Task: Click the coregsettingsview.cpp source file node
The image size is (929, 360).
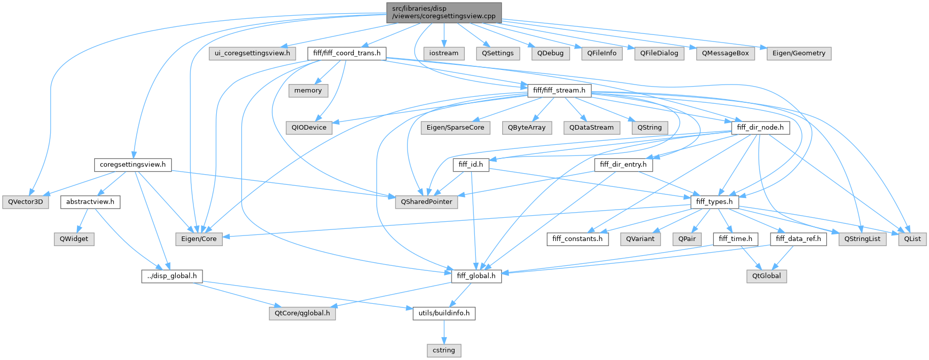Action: [443, 13]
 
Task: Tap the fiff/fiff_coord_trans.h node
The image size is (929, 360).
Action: [347, 53]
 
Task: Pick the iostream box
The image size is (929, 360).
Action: [443, 53]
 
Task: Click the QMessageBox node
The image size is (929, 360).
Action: [725, 53]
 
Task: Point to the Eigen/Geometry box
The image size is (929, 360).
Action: [798, 53]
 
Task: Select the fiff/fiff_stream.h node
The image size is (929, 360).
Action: [559, 91]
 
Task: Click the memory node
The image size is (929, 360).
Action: [308, 91]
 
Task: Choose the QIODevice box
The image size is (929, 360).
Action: [309, 128]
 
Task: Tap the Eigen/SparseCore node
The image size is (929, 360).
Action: [455, 128]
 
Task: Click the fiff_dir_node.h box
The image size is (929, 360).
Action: [760, 128]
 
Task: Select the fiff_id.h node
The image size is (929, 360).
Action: [470, 165]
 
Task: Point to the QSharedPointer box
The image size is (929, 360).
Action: [426, 202]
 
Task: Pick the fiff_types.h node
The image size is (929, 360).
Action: [714, 202]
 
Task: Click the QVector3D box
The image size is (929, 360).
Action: [25, 202]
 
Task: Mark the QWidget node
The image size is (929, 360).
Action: [74, 239]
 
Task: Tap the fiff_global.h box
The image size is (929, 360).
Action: [476, 276]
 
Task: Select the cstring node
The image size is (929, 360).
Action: [443, 350]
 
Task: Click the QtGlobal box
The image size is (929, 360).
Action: [766, 276]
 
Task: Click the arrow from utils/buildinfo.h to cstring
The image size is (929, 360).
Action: [443, 332]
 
